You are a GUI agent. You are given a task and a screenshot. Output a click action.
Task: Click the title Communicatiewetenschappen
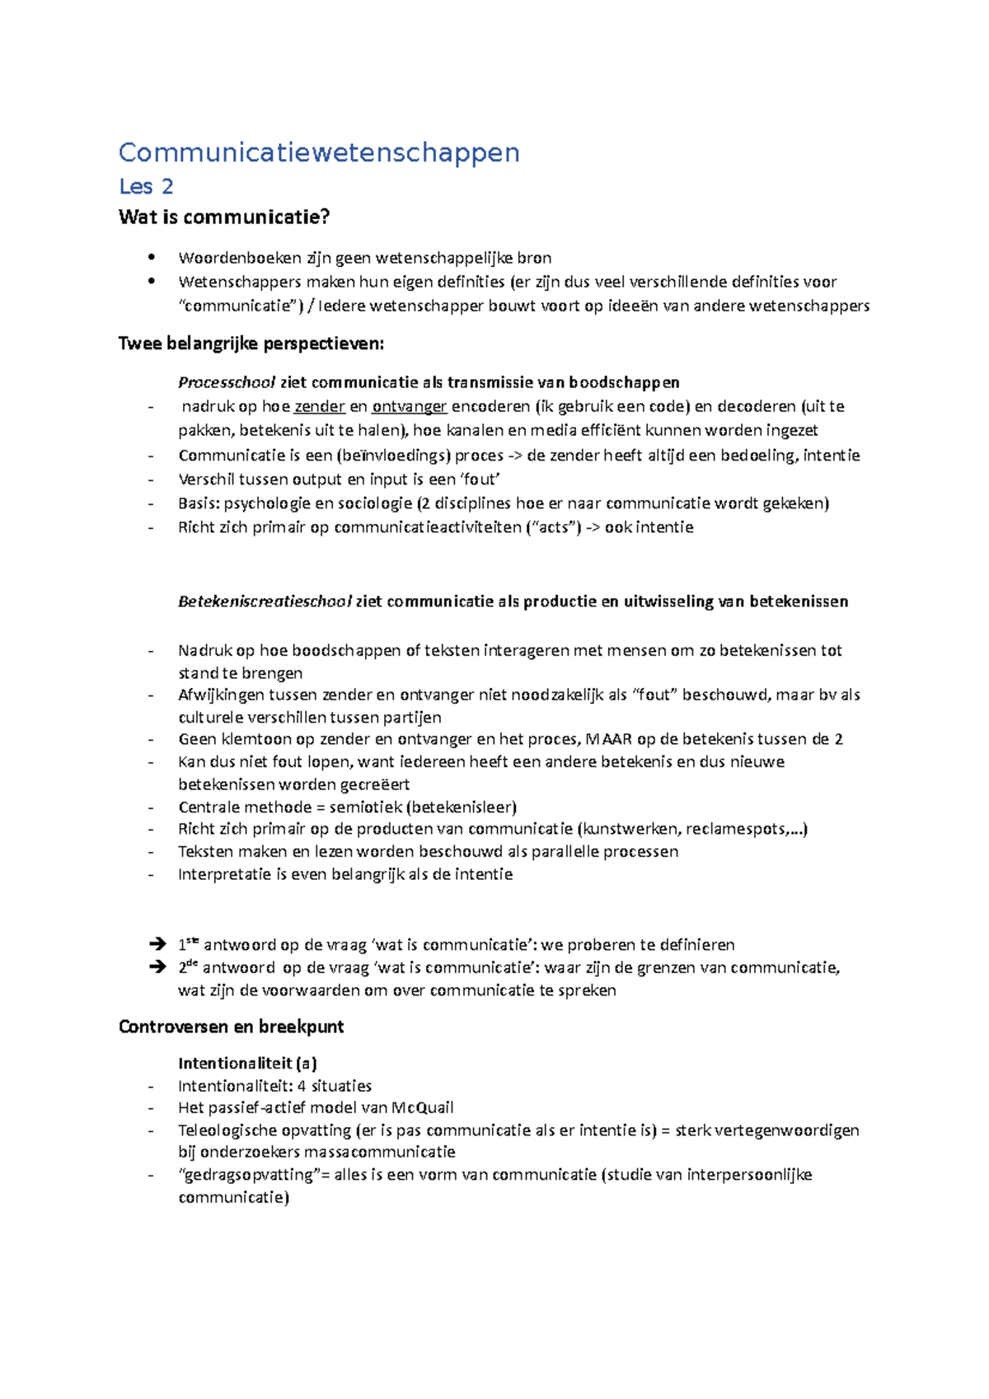click(x=319, y=152)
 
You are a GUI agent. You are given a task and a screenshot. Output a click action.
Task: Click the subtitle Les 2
click(x=146, y=187)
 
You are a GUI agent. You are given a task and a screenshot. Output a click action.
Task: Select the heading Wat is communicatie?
click(x=224, y=218)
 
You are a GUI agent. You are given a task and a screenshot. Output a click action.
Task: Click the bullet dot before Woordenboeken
click(x=151, y=257)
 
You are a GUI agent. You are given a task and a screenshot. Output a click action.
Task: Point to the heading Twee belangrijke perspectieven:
click(x=251, y=344)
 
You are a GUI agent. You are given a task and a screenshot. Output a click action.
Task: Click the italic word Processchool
click(x=227, y=382)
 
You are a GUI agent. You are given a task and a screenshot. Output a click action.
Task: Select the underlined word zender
click(x=319, y=406)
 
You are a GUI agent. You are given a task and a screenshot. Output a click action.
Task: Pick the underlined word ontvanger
click(x=409, y=406)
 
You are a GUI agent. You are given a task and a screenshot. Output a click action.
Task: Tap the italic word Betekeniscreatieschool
click(x=265, y=601)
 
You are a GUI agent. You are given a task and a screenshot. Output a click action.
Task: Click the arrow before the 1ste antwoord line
click(x=157, y=944)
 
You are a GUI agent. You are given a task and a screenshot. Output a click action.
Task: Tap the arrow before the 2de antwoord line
click(x=157, y=967)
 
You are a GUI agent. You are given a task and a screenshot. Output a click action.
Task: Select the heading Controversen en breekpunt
click(x=231, y=1027)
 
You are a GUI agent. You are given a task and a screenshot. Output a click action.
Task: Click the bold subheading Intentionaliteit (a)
click(x=247, y=1064)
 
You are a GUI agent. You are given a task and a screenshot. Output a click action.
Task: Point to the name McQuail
click(x=422, y=1108)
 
